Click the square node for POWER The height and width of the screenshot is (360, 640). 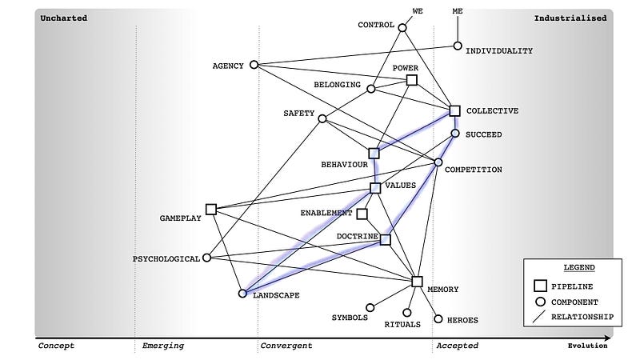412,80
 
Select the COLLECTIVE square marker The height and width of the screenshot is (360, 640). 454,111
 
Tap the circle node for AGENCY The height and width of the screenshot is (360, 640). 254,65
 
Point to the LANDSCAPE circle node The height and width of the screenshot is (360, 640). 242,294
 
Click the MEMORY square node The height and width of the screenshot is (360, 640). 417,281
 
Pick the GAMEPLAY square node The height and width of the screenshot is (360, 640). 211,210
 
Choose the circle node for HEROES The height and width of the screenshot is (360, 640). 438,318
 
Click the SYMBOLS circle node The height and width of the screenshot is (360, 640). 370,307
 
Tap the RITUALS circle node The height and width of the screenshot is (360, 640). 406,313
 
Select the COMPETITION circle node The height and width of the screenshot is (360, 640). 438,163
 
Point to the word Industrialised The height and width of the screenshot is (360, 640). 570,18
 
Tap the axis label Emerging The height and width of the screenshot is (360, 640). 163,346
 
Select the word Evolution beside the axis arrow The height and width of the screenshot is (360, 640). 587,346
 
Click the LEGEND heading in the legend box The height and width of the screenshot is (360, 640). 569,266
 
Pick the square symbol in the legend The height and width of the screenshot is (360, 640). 540,285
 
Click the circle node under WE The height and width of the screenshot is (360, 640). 402,28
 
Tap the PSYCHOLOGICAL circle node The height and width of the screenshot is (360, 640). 207,258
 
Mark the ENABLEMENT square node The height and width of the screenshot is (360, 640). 362,214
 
